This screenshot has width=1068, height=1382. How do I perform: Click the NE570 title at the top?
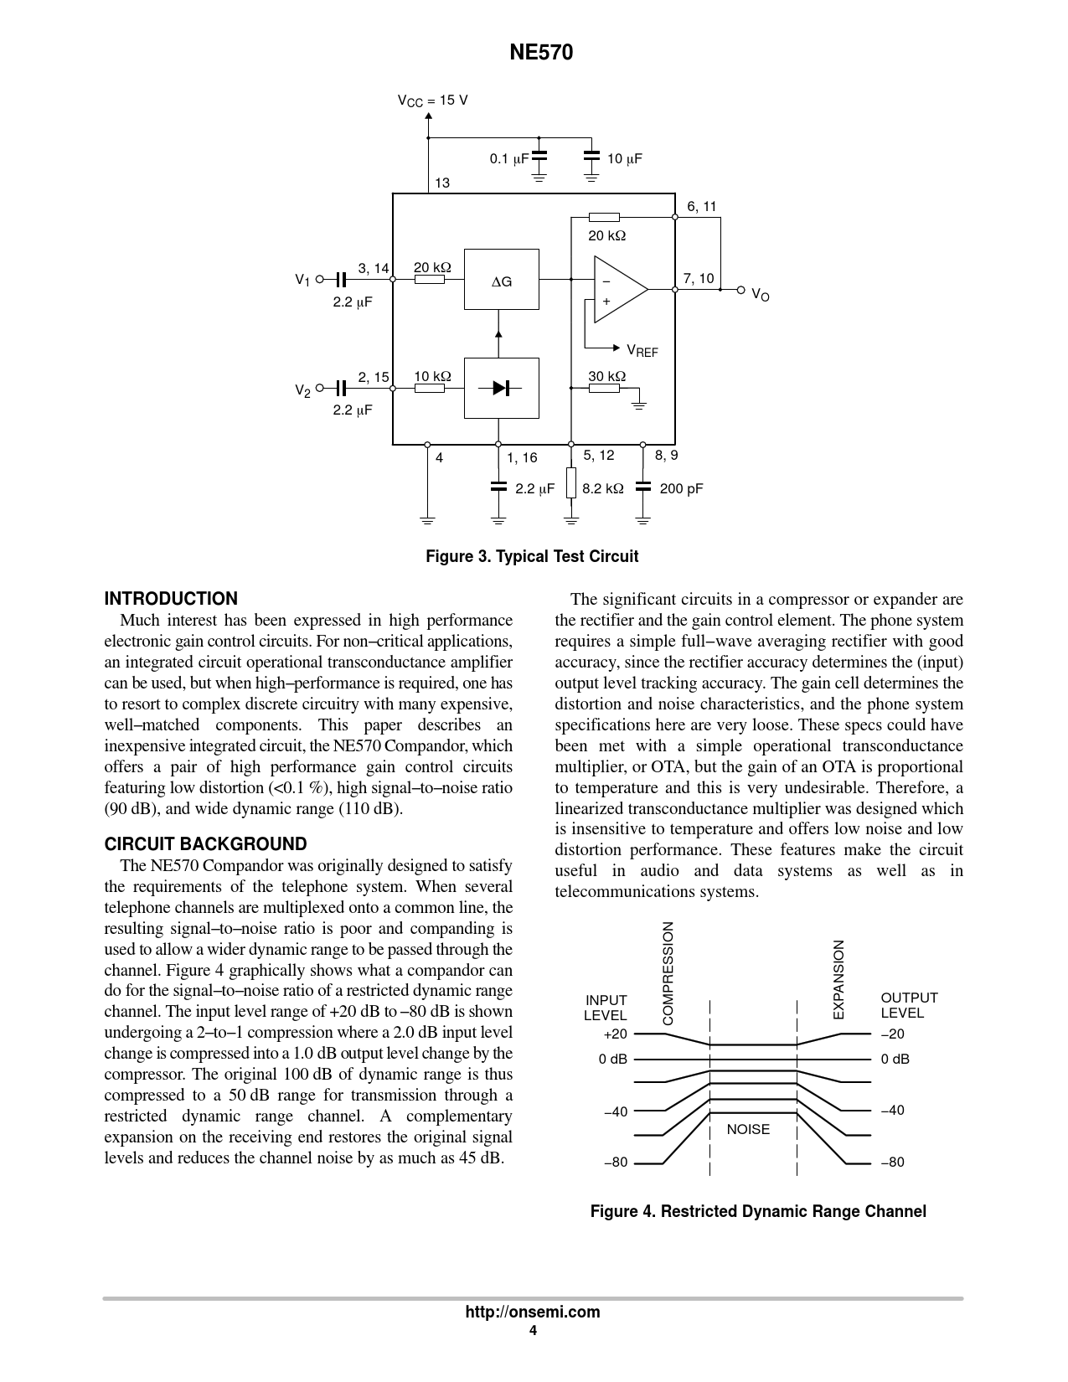[x=541, y=53]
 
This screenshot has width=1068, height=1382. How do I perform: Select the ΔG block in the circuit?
[x=501, y=279]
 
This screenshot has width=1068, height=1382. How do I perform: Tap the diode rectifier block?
[x=501, y=387]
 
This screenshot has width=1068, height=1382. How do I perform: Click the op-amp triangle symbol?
[x=618, y=289]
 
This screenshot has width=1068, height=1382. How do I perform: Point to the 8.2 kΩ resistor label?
[x=602, y=488]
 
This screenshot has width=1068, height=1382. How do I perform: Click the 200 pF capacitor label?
[x=681, y=488]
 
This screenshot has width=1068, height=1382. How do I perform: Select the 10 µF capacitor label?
[x=624, y=158]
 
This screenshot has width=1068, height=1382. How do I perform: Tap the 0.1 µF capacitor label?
[x=508, y=158]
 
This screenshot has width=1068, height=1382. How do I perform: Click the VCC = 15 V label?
[x=432, y=101]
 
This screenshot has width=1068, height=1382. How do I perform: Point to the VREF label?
[x=642, y=350]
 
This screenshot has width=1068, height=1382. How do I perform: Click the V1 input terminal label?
[x=302, y=280]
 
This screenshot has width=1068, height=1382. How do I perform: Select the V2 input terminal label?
[x=302, y=389]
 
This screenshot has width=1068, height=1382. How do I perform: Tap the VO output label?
[x=760, y=294]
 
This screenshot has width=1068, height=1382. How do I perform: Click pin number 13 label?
[x=442, y=183]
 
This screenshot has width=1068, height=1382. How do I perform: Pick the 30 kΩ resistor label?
[x=606, y=376]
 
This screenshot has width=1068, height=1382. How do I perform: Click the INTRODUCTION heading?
[x=171, y=599]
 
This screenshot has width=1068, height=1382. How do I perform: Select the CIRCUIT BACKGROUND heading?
[x=205, y=844]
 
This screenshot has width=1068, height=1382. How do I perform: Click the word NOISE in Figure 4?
[x=748, y=1129]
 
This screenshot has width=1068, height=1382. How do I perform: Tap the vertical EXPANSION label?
[x=838, y=979]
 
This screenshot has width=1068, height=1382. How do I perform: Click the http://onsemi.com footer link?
[x=533, y=1312]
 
